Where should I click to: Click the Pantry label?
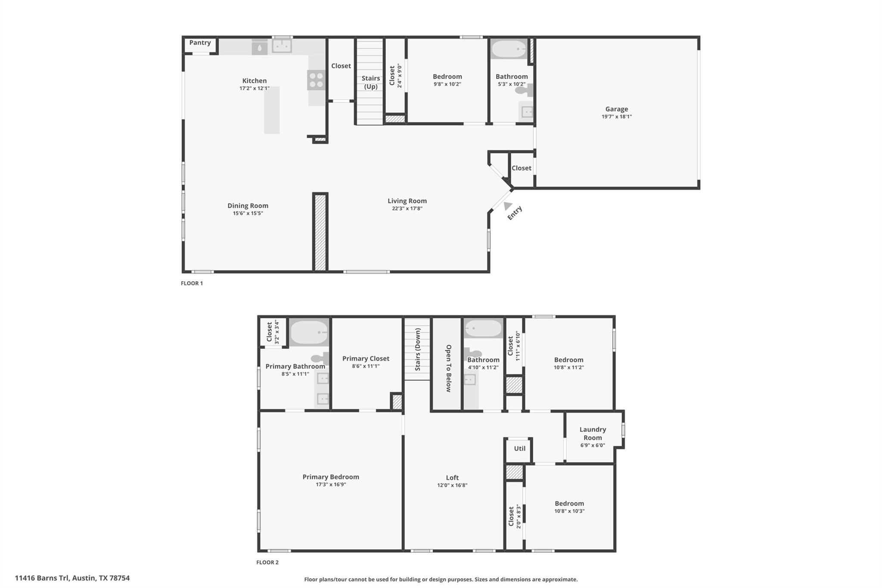(200, 43)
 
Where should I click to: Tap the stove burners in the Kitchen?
(316, 80)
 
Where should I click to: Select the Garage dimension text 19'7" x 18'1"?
(616, 117)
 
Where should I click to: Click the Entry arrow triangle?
(508, 206)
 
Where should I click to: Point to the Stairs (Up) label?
(370, 82)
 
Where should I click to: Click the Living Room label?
(407, 201)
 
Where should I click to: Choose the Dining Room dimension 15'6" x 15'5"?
(248, 213)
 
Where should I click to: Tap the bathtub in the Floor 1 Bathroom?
(509, 49)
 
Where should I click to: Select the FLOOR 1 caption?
(192, 283)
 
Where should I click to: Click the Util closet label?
(519, 448)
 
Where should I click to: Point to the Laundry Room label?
(593, 433)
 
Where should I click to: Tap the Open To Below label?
(448, 368)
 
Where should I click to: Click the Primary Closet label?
(366, 358)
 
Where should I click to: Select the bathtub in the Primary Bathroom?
(309, 332)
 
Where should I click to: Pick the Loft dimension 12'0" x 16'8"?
(452, 485)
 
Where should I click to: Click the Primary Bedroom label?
(331, 477)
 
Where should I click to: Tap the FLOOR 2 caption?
(267, 563)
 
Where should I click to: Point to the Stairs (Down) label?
(417, 349)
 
